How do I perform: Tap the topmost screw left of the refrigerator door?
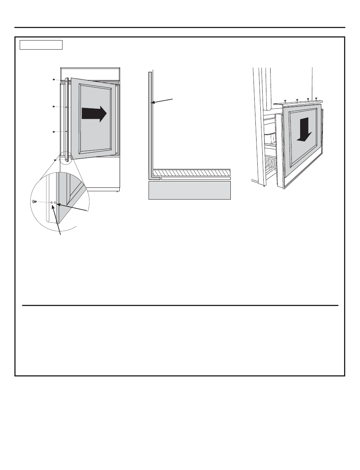(x=53, y=80)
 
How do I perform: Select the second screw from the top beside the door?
(x=53, y=107)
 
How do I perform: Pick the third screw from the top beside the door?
(x=53, y=132)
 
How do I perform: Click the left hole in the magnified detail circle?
(x=52, y=203)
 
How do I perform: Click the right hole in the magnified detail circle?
(x=55, y=203)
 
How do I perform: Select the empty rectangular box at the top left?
(x=41, y=45)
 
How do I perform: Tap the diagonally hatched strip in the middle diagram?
(x=191, y=172)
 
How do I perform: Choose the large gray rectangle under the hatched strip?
(x=189, y=190)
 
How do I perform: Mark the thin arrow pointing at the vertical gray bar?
(x=162, y=100)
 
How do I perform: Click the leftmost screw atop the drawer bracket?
(x=285, y=101)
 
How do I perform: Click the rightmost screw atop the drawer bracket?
(x=316, y=98)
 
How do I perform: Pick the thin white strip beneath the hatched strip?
(x=196, y=178)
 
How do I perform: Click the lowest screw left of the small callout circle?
(x=55, y=160)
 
